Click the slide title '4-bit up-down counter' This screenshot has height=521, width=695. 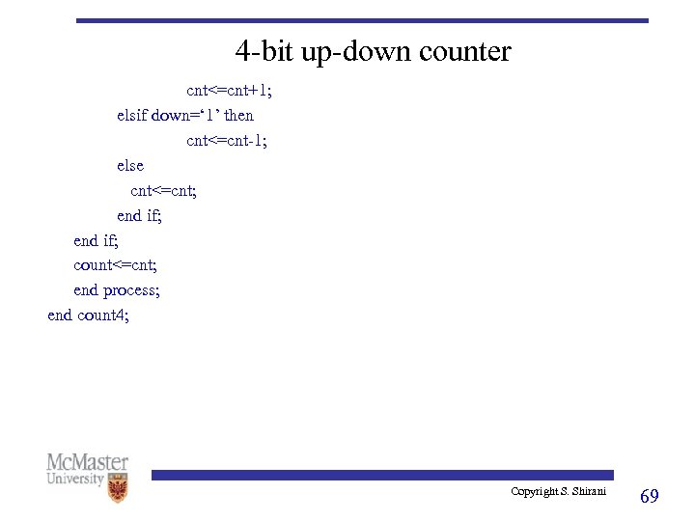coord(373,51)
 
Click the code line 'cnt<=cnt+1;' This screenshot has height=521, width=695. coord(229,91)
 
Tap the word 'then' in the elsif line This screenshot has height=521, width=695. coord(238,116)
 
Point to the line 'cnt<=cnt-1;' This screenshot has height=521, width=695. coord(227,141)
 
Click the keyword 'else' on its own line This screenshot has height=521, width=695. coord(130,166)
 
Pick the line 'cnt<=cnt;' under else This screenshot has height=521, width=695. coord(164,190)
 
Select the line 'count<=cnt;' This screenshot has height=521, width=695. coord(115,264)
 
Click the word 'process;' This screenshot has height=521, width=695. coord(131,290)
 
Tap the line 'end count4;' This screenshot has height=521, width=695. coord(88,315)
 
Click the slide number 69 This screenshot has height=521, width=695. coord(650,496)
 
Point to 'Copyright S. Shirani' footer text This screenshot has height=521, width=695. coord(558,492)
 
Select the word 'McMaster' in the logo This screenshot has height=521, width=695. coord(87,462)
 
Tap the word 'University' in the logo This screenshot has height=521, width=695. coord(75,479)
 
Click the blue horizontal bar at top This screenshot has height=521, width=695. coord(362,20)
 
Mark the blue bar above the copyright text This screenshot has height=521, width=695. coord(381,475)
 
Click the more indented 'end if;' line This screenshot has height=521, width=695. coord(139,215)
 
